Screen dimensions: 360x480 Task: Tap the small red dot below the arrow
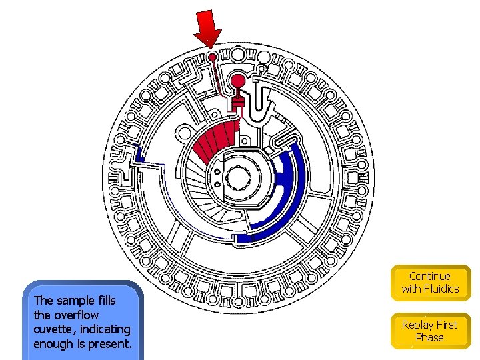(212, 57)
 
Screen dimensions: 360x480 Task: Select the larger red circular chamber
(237, 81)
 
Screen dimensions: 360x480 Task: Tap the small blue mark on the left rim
(138, 153)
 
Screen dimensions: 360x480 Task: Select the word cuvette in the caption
(54, 329)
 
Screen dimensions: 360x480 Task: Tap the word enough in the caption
(53, 344)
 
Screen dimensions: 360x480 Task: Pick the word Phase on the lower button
(429, 337)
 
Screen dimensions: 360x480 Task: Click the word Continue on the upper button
(430, 276)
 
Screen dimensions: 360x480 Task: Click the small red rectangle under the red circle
(238, 102)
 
